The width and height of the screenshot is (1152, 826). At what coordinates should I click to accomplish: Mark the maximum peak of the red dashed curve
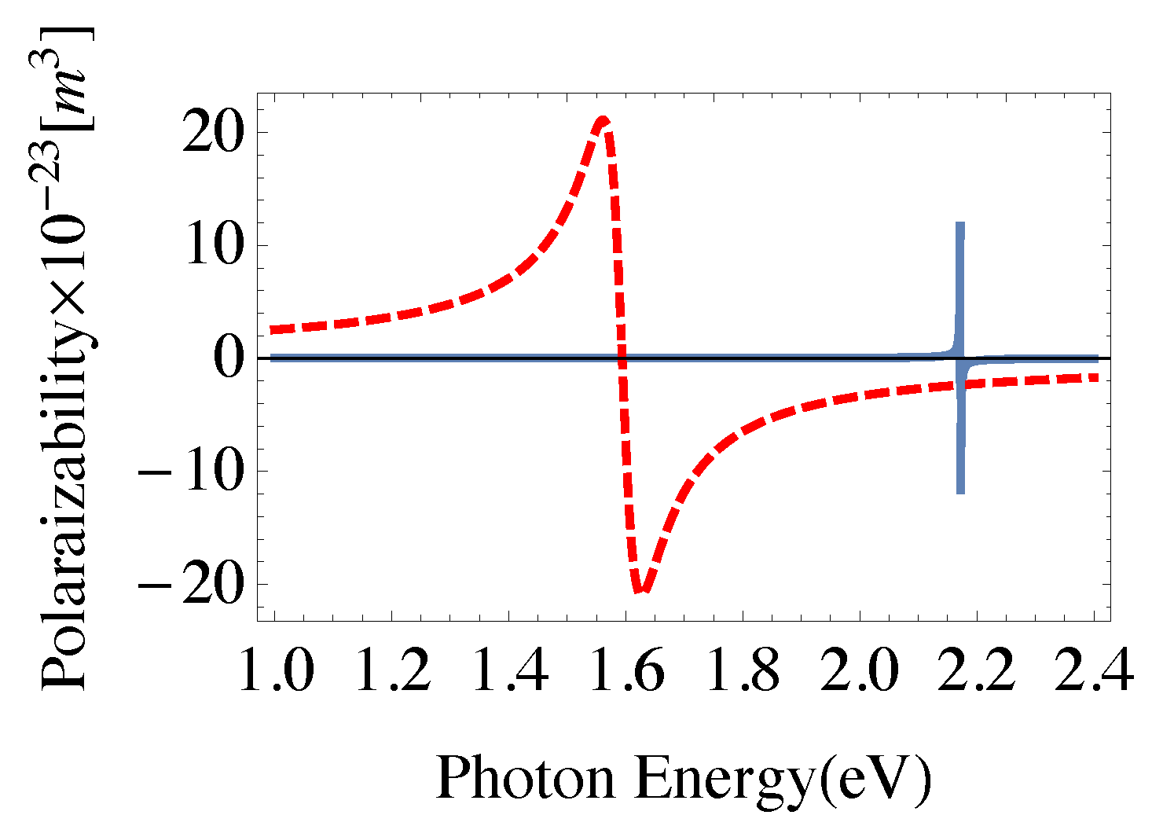click(x=603, y=120)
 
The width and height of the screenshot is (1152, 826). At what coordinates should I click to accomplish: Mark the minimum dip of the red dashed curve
click(x=643, y=590)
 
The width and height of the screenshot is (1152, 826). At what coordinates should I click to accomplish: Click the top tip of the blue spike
click(x=959, y=224)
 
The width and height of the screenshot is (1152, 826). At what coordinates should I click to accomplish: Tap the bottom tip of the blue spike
click(x=960, y=492)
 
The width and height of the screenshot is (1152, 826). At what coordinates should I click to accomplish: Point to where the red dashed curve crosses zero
click(x=622, y=358)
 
